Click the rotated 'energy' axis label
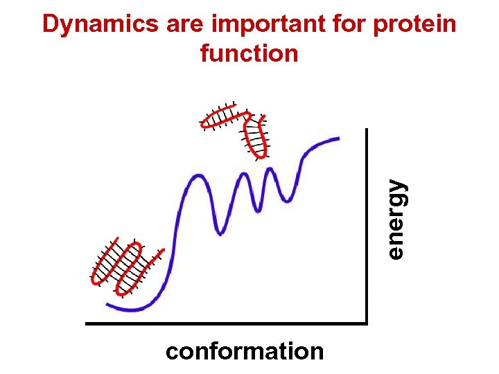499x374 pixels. (396, 219)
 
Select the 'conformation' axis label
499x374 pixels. (245, 352)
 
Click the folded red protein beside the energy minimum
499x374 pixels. (127, 267)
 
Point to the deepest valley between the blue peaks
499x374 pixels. (220, 232)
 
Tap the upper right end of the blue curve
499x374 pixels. (338, 139)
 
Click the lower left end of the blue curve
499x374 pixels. (107, 303)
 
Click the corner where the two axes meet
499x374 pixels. (365, 322)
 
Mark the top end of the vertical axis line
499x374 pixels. (365, 130)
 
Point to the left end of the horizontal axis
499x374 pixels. (87, 323)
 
